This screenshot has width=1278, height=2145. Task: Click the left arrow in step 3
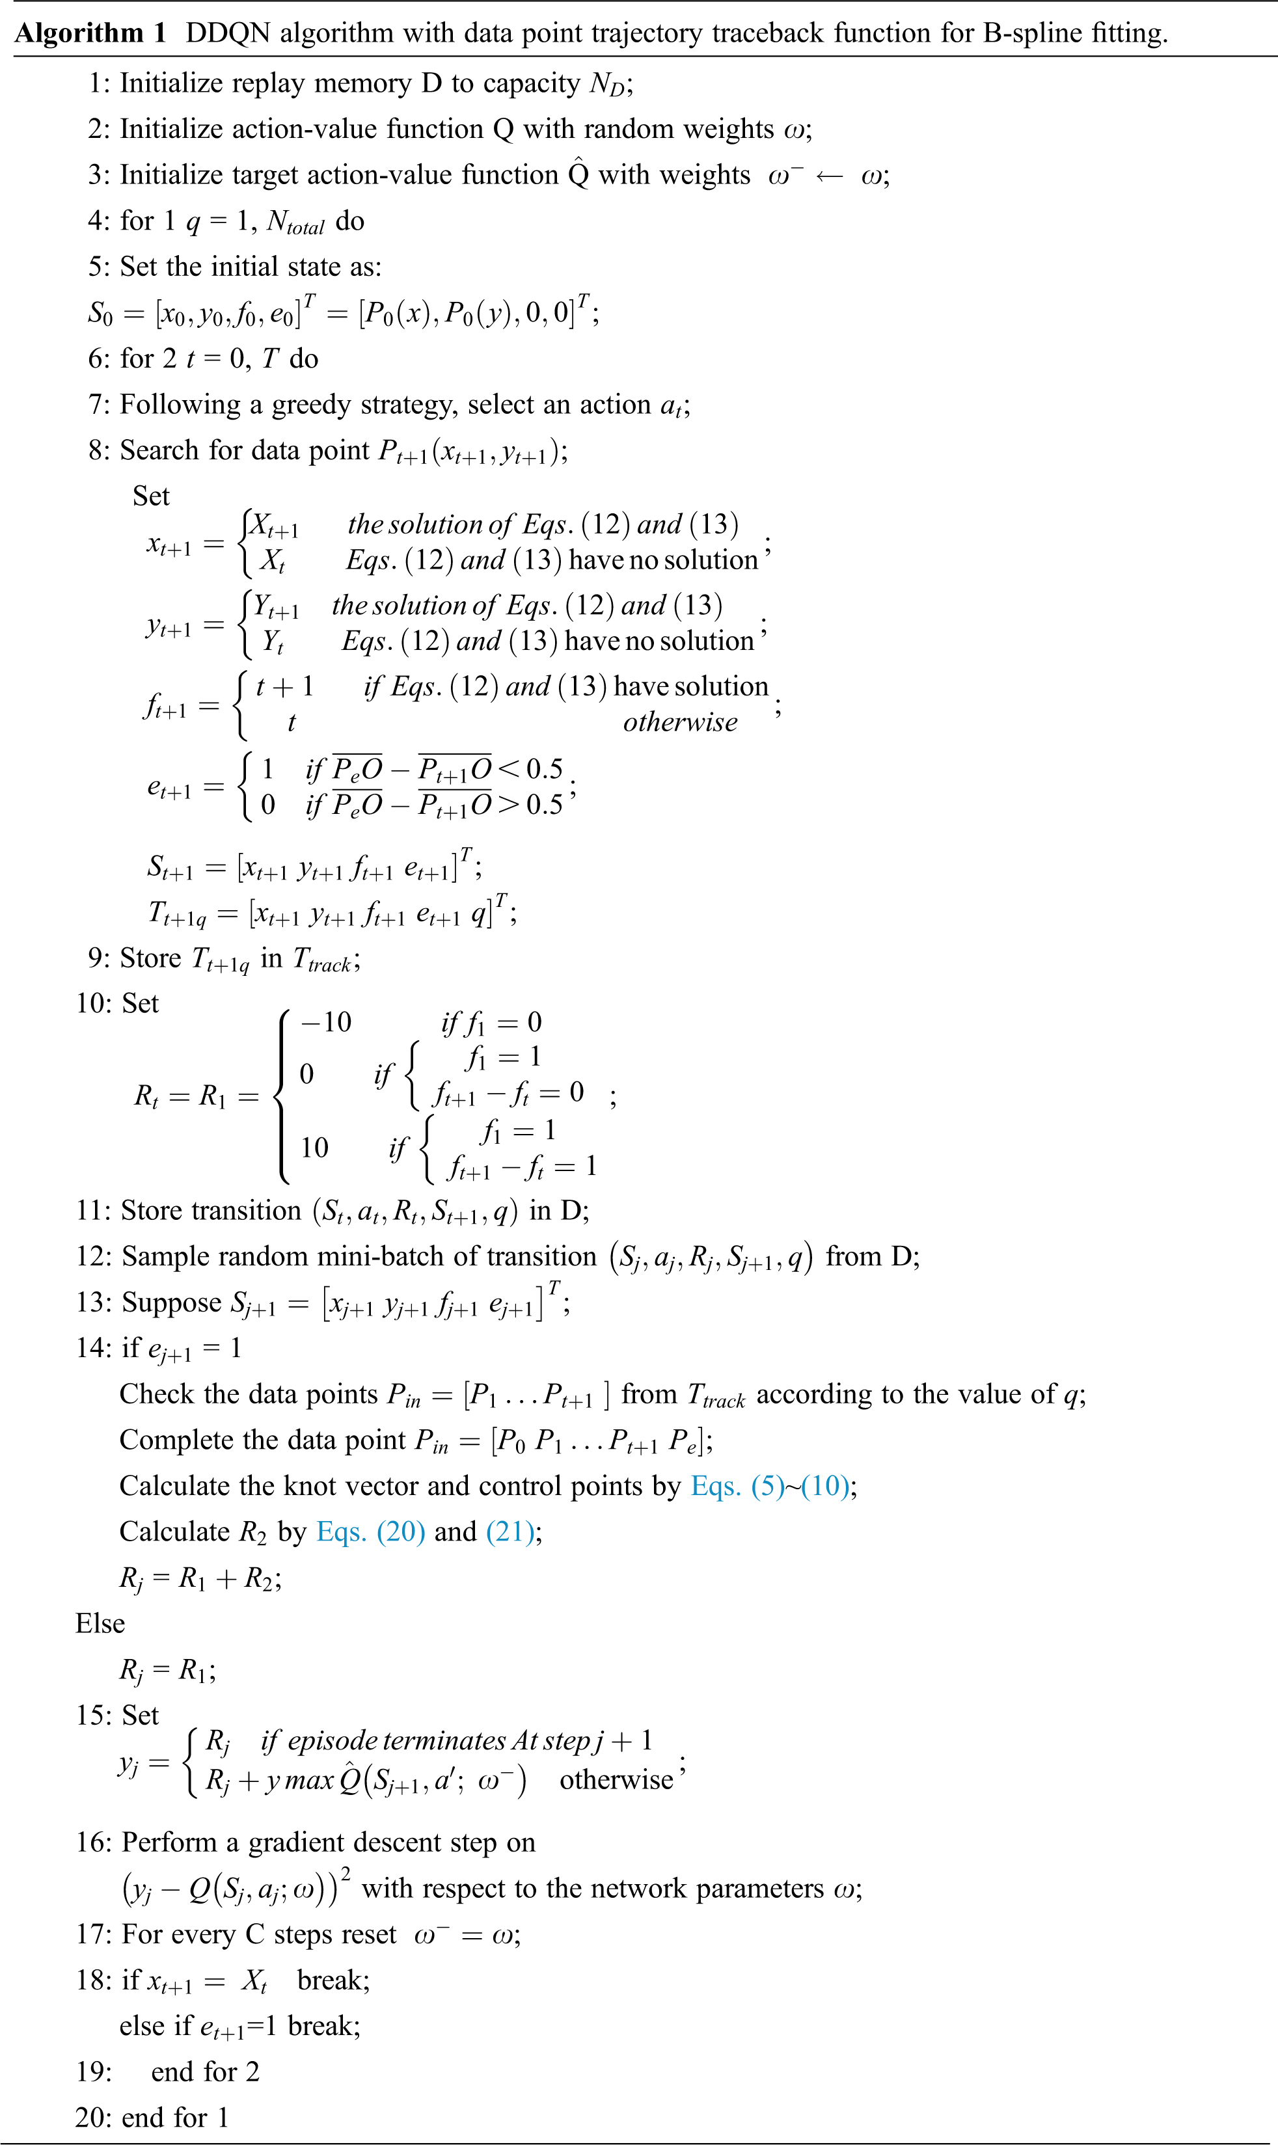pyautogui.click(x=829, y=176)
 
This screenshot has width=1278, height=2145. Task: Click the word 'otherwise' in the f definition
pyautogui.click(x=681, y=722)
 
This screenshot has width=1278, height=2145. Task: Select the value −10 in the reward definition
pyautogui.click(x=325, y=1023)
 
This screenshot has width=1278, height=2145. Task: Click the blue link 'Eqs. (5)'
pyautogui.click(x=738, y=1487)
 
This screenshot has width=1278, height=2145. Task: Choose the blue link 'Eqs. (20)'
pyautogui.click(x=370, y=1532)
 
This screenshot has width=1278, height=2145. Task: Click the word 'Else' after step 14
pyautogui.click(x=100, y=1625)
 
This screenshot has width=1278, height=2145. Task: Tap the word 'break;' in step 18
pyautogui.click(x=333, y=1980)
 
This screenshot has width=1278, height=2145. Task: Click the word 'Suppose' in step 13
pyautogui.click(x=171, y=1303)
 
